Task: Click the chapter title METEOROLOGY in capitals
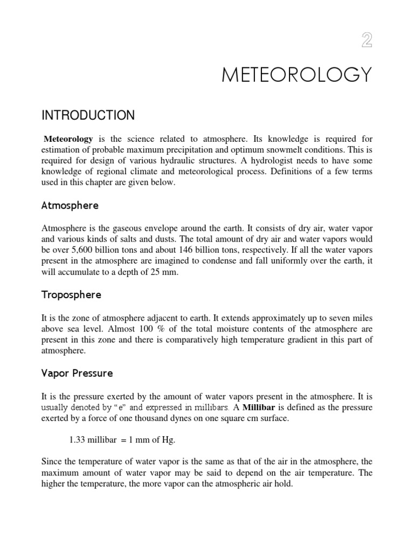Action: [296, 75]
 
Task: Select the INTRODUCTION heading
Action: [88, 116]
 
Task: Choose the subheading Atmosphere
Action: [70, 206]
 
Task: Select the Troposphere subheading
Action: [71, 295]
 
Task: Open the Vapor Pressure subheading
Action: [77, 373]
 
